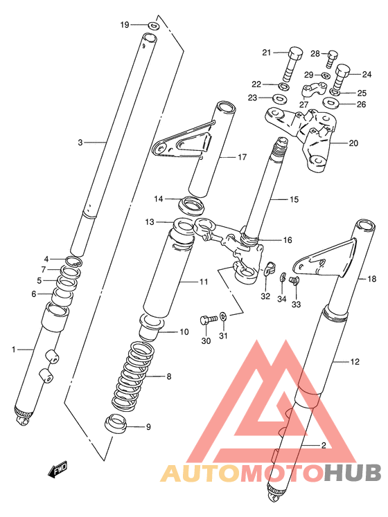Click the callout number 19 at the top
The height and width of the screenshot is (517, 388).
125,25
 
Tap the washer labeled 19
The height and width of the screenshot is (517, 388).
153,26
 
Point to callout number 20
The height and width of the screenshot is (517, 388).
354,144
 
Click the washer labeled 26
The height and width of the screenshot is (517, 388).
330,104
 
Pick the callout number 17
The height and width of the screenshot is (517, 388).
242,157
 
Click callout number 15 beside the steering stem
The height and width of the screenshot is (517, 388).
293,199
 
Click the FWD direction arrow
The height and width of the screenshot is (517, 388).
57,471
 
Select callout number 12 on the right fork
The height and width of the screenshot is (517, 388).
355,361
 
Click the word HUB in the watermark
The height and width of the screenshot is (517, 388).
352,473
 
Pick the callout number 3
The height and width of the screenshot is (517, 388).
80,143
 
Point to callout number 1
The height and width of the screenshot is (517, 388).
13,350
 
